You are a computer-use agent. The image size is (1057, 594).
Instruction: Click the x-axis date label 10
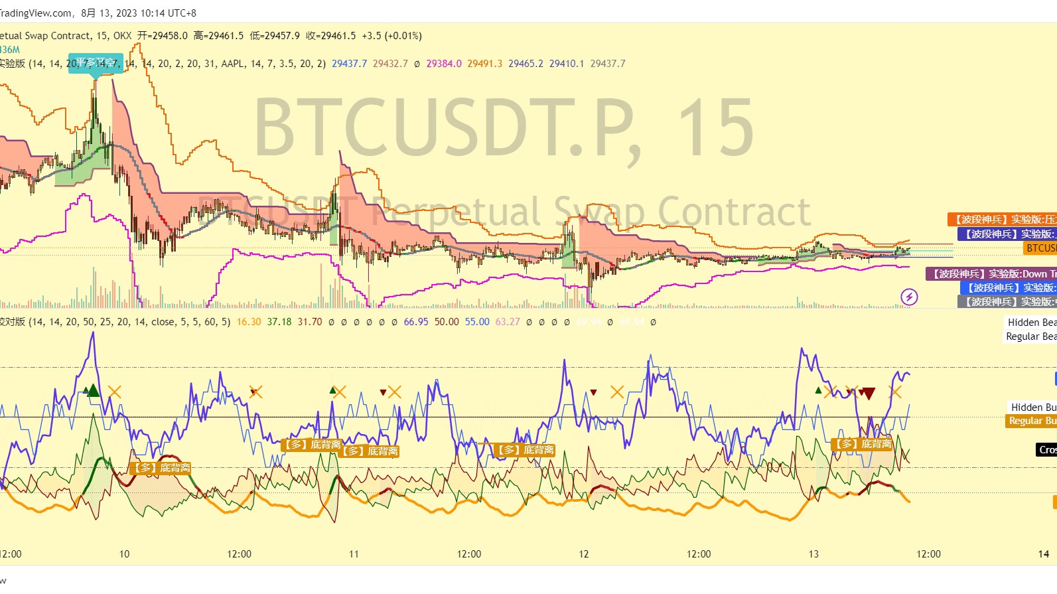pyautogui.click(x=124, y=554)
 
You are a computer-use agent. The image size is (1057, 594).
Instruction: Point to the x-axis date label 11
pyautogui.click(x=354, y=554)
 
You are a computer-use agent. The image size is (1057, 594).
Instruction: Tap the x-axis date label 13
pyautogui.click(x=813, y=554)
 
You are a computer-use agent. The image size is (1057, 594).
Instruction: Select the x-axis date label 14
pyautogui.click(x=1044, y=554)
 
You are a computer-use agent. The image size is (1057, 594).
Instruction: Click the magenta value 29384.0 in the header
pyautogui.click(x=444, y=64)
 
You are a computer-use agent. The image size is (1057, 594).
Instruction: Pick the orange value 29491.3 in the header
pyautogui.click(x=484, y=64)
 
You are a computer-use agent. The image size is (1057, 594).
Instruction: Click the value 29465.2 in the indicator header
pyautogui.click(x=526, y=64)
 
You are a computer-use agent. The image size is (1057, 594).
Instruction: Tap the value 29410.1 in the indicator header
pyautogui.click(x=567, y=64)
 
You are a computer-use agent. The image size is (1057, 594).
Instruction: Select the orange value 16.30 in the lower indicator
pyautogui.click(x=249, y=322)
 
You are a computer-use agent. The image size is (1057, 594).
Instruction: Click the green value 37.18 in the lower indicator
pyautogui.click(x=279, y=322)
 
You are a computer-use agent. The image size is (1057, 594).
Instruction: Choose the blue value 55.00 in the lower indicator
pyautogui.click(x=477, y=322)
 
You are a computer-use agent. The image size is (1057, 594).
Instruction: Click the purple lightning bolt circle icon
pyautogui.click(x=909, y=297)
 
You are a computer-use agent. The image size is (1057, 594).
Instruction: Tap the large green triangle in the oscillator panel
pyautogui.click(x=94, y=390)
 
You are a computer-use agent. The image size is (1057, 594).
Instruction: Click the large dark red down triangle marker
pyautogui.click(x=868, y=394)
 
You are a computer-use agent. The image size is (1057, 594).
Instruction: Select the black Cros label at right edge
pyautogui.click(x=1047, y=450)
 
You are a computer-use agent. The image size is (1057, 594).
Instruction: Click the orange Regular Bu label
pyautogui.click(x=1031, y=421)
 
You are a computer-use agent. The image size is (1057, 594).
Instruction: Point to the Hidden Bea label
pyautogui.click(x=1032, y=323)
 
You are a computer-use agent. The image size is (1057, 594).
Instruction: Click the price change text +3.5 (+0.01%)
pyautogui.click(x=391, y=36)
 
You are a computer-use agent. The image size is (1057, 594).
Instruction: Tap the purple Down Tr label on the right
pyautogui.click(x=991, y=274)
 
